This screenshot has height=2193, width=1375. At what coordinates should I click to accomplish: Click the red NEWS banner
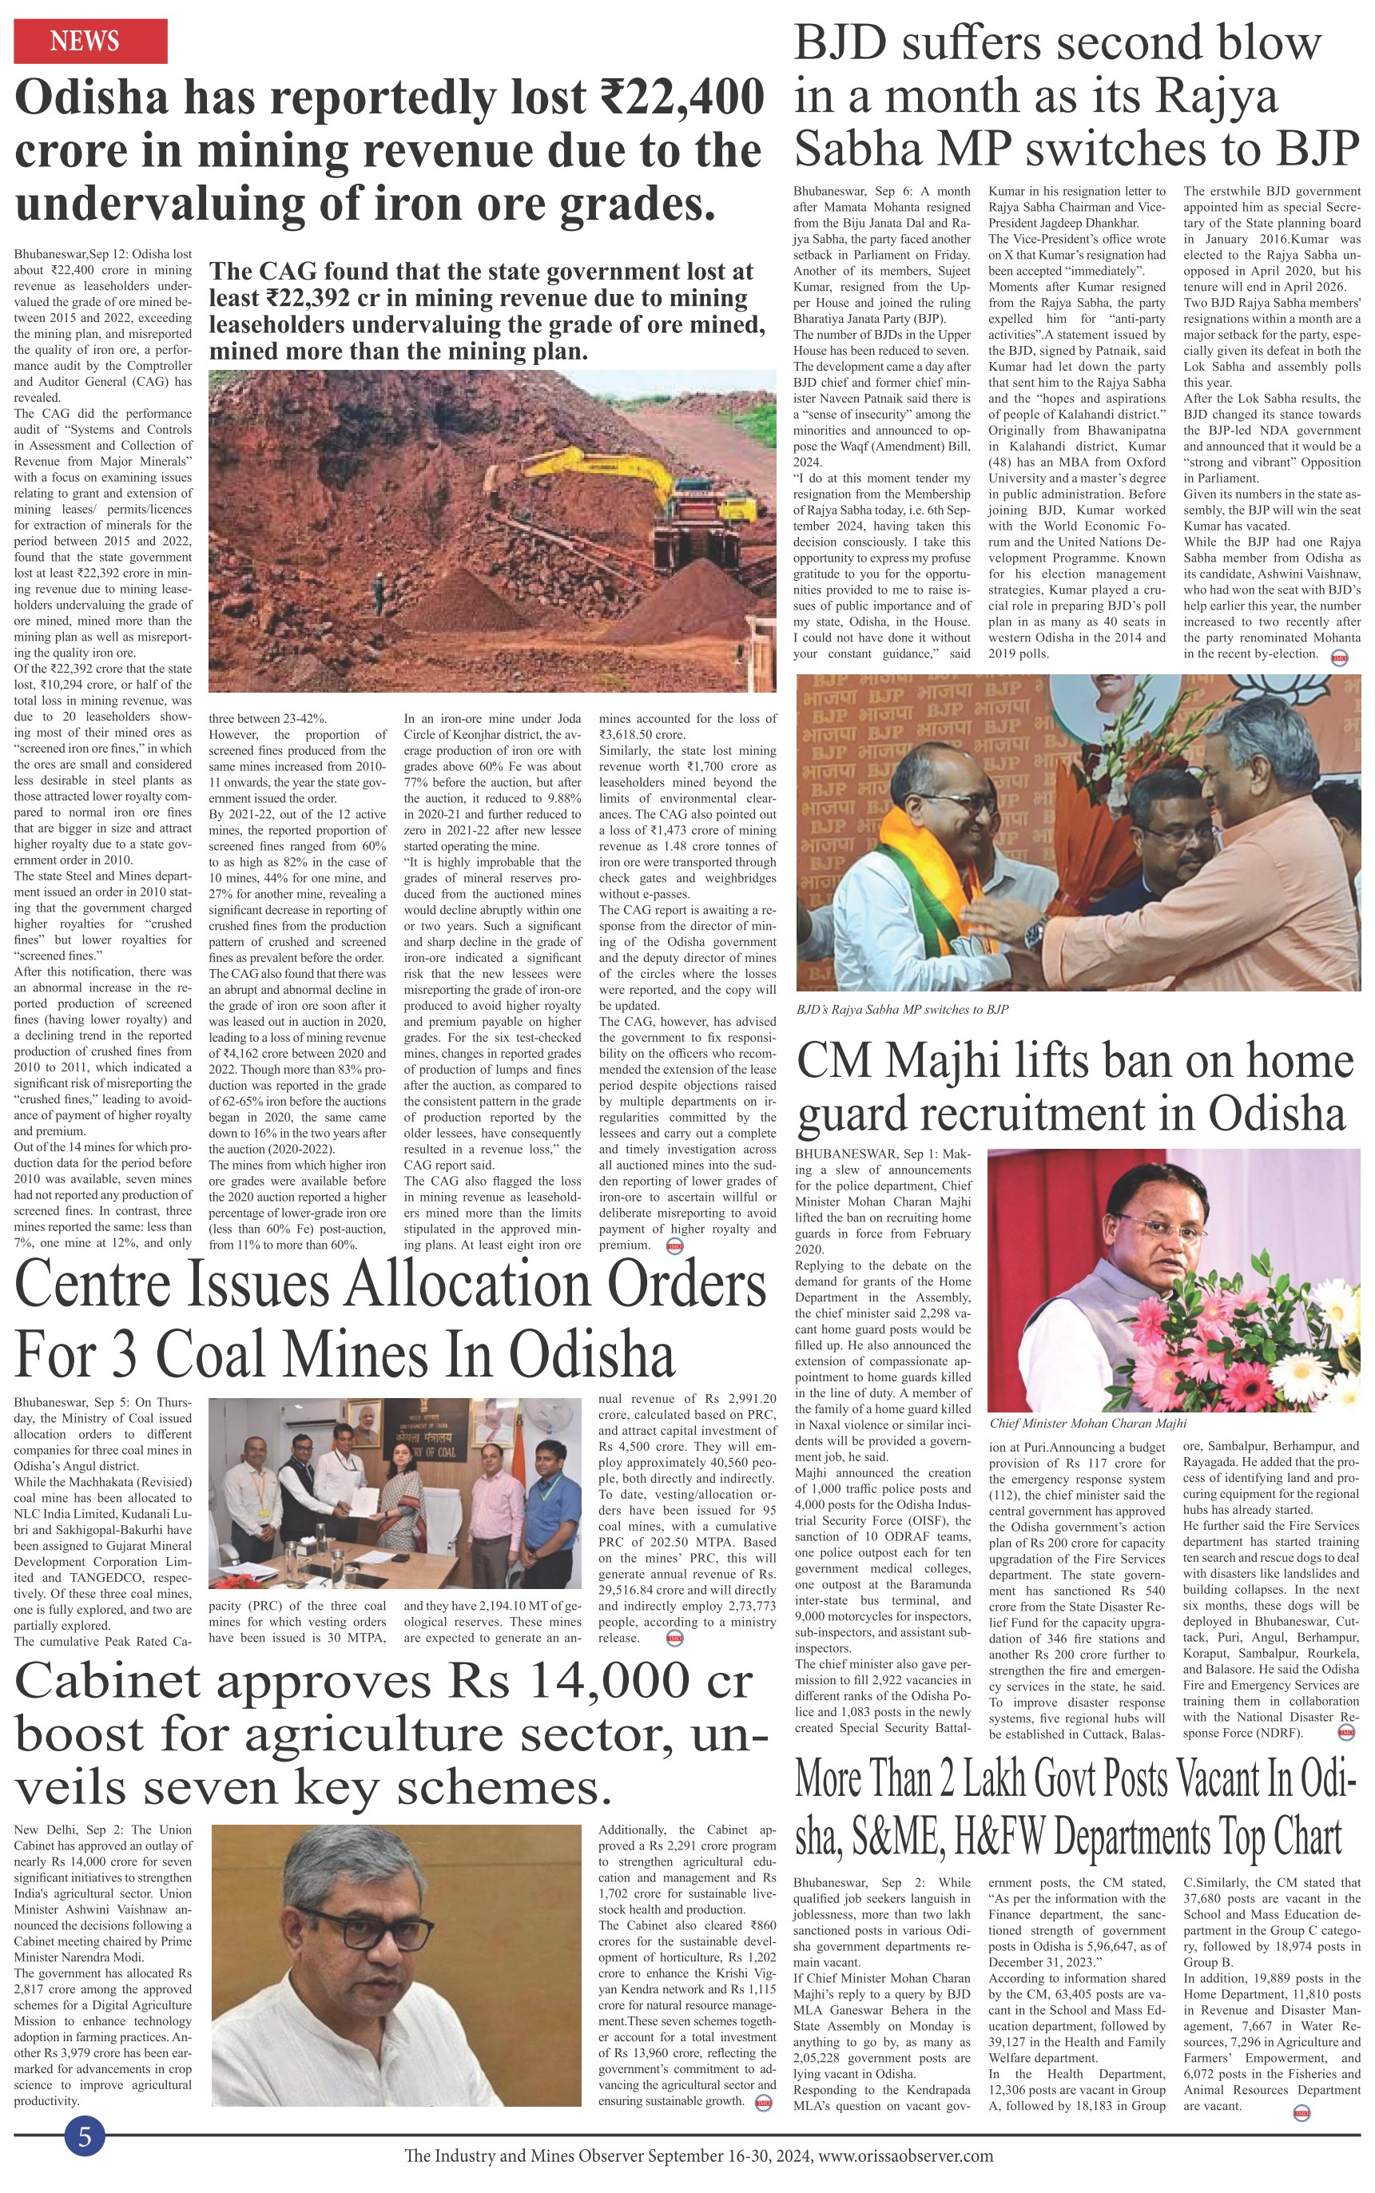pos(90,41)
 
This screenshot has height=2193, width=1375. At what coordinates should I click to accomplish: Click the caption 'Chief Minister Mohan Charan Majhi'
pos(1087,1424)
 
